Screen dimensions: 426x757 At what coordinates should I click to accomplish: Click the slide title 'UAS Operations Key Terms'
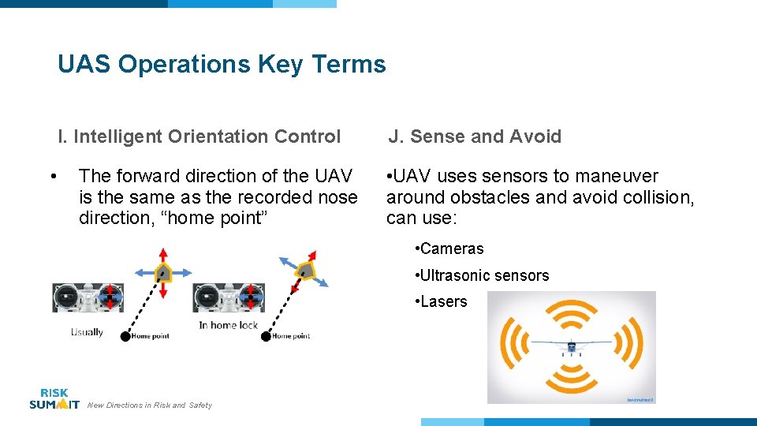222,64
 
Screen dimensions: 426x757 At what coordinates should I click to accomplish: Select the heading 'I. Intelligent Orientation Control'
199,136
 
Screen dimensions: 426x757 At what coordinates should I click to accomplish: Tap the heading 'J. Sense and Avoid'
475,136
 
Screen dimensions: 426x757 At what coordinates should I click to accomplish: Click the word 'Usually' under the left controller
87,332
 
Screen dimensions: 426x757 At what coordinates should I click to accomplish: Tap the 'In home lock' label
229,325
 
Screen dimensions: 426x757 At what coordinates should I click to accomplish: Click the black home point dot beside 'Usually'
125,337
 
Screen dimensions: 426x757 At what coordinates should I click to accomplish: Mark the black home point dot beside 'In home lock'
266,337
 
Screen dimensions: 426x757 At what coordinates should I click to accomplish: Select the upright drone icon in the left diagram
162,273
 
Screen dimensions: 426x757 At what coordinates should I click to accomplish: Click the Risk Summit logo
54,398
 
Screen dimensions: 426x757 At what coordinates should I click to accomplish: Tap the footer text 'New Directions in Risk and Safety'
150,405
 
